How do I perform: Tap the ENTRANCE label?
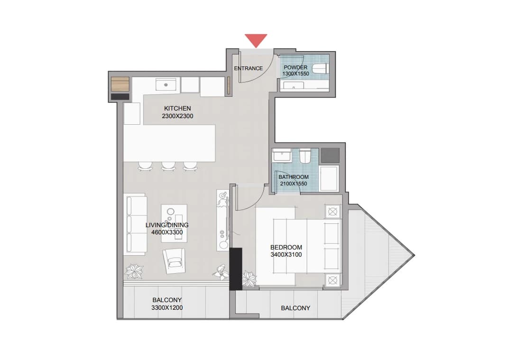click(248, 68)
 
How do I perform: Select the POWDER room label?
click(295, 67)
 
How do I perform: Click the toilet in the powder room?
click(320, 69)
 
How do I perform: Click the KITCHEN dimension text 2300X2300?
click(177, 116)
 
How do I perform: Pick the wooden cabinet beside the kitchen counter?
click(120, 84)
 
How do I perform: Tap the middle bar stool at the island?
click(168, 166)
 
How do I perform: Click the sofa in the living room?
click(135, 224)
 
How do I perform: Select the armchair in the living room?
click(174, 260)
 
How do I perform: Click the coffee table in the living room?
click(174, 223)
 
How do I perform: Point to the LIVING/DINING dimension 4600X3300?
click(167, 232)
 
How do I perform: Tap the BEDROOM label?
click(286, 247)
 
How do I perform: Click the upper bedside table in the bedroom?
click(333, 212)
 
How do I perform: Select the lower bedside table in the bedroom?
click(333, 281)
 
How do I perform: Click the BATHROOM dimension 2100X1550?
click(294, 184)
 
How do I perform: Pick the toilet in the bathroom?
click(305, 156)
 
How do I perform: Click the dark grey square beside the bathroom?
click(330, 156)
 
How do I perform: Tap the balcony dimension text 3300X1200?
click(167, 308)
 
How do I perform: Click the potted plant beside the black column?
click(249, 278)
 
